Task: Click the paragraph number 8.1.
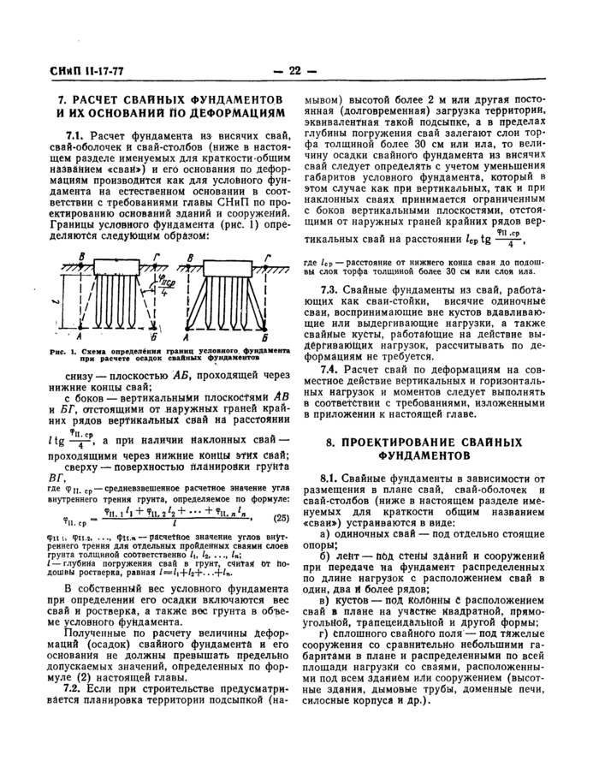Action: [330, 477]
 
